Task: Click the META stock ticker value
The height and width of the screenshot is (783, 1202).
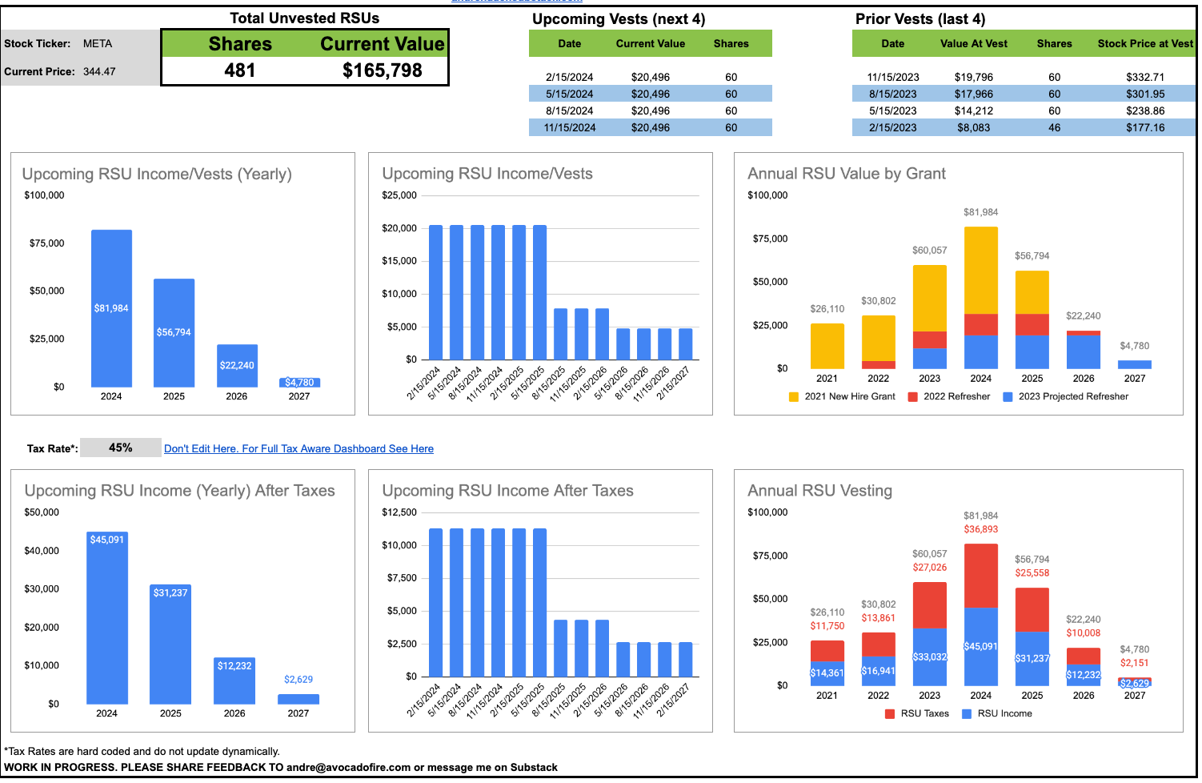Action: pyautogui.click(x=98, y=44)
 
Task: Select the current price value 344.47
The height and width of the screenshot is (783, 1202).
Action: pyautogui.click(x=99, y=71)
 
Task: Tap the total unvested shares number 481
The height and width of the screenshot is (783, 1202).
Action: pyautogui.click(x=239, y=70)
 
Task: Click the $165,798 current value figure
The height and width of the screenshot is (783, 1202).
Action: pyautogui.click(x=382, y=70)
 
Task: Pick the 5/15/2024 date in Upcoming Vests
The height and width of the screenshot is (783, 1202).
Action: pyautogui.click(x=569, y=94)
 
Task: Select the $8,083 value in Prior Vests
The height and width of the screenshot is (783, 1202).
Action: pyautogui.click(x=973, y=127)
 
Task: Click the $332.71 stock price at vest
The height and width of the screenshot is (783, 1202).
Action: pyautogui.click(x=1144, y=77)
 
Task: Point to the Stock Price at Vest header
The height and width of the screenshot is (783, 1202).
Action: pyautogui.click(x=1144, y=44)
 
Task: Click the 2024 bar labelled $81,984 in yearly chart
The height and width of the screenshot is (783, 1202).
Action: pyautogui.click(x=111, y=308)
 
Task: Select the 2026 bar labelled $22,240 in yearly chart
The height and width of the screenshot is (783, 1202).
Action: pyautogui.click(x=237, y=365)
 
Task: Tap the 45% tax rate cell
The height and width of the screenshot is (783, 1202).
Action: pyautogui.click(x=121, y=448)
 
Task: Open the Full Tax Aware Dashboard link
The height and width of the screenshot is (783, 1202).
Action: pyautogui.click(x=298, y=449)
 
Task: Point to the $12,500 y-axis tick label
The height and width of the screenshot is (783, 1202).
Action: pyautogui.click(x=399, y=512)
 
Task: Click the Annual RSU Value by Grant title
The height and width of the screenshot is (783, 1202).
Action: pyautogui.click(x=846, y=174)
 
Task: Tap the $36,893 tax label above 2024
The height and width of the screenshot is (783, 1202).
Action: pyautogui.click(x=980, y=529)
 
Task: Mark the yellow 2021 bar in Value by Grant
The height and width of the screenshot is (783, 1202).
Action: pyautogui.click(x=827, y=346)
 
